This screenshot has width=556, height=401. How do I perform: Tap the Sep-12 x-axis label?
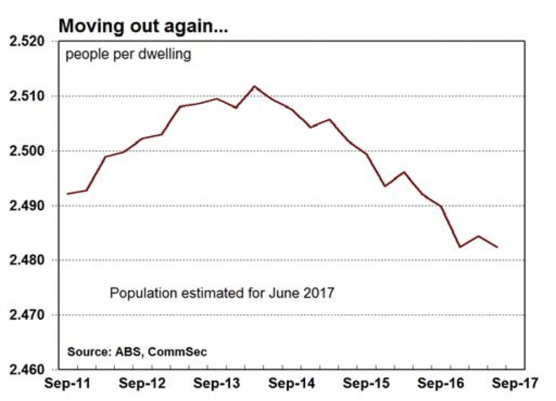point(138,384)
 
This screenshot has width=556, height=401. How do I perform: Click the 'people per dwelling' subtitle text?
point(128,55)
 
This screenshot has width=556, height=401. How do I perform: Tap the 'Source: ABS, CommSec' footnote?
point(137,352)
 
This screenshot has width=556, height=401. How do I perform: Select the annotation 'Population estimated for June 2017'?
point(222,294)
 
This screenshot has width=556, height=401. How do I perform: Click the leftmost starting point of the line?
point(67,193)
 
